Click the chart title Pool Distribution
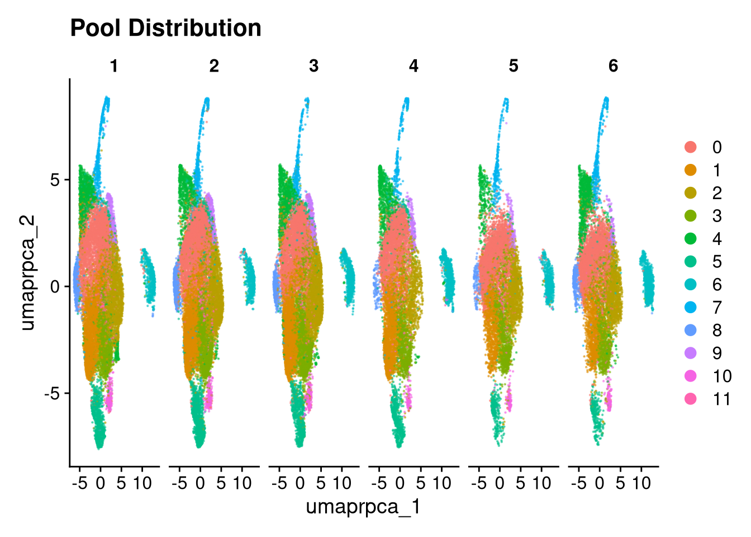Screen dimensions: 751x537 click(165, 28)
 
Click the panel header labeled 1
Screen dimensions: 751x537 click(114, 66)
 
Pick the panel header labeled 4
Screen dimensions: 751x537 click(413, 66)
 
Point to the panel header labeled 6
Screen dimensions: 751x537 click(613, 66)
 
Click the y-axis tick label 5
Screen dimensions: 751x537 click(55, 180)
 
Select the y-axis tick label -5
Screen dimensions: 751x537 click(53, 393)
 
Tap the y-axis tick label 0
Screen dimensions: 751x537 click(55, 287)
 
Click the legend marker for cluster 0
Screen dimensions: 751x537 click(690, 147)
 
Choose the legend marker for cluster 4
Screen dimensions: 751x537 click(690, 239)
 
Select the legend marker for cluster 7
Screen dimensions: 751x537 click(690, 308)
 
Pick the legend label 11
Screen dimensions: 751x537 click(721, 399)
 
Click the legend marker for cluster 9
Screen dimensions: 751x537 click(690, 353)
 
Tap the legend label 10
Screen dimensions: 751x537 click(722, 376)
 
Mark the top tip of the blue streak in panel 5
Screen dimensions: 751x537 click(506, 98)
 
